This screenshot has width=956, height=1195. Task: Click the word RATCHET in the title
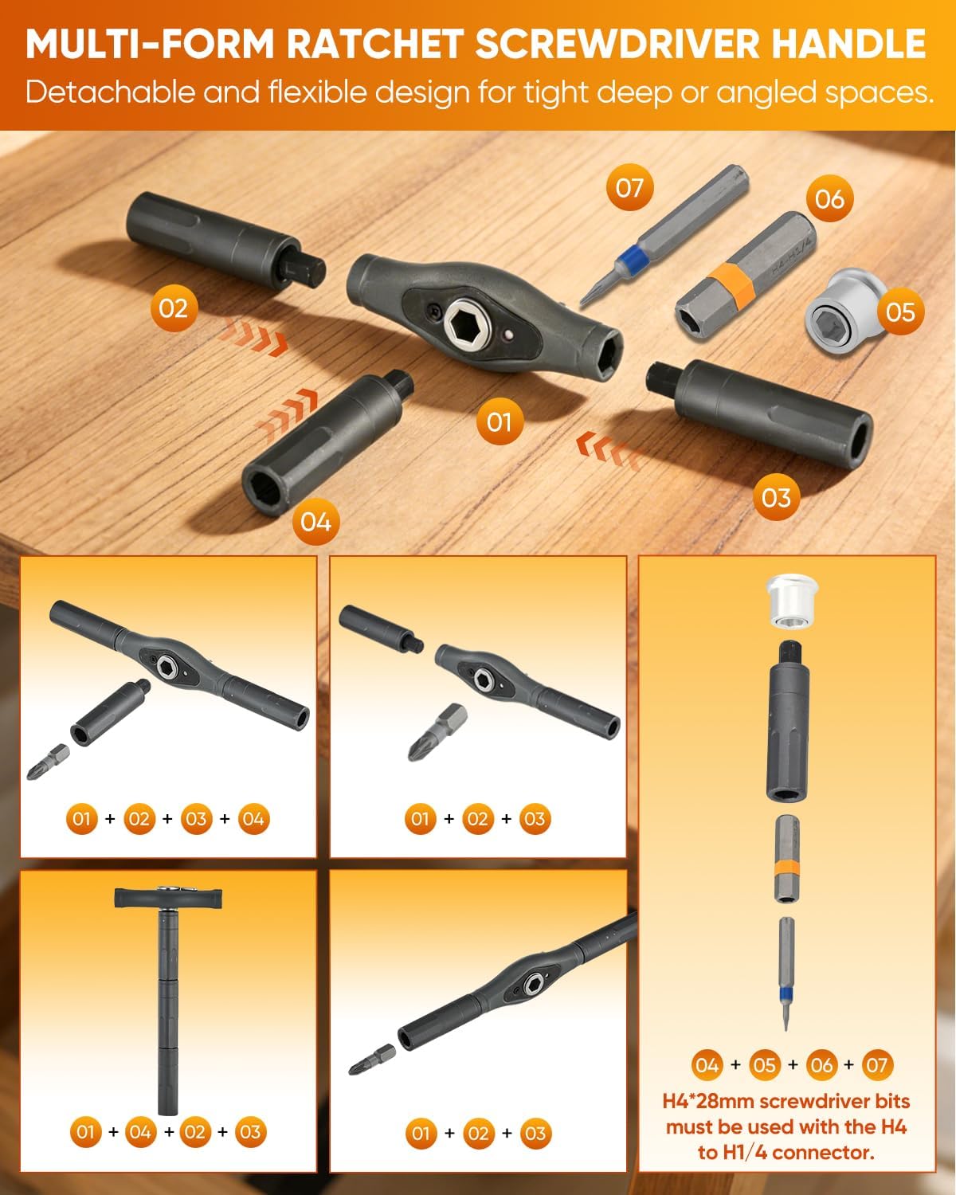click(x=374, y=43)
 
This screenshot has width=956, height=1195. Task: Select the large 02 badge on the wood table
click(x=174, y=308)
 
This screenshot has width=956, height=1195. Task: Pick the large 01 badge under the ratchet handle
click(x=499, y=422)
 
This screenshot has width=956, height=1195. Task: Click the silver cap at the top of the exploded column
click(x=792, y=601)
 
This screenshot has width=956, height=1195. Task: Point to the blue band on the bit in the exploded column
click(x=785, y=993)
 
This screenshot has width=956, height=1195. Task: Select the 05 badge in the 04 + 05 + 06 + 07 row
click(x=764, y=1064)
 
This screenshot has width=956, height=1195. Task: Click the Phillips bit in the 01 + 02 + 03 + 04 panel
click(x=49, y=762)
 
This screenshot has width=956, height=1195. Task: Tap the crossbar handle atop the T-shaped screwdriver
click(x=168, y=899)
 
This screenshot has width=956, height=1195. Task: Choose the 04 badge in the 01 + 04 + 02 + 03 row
click(x=140, y=1132)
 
